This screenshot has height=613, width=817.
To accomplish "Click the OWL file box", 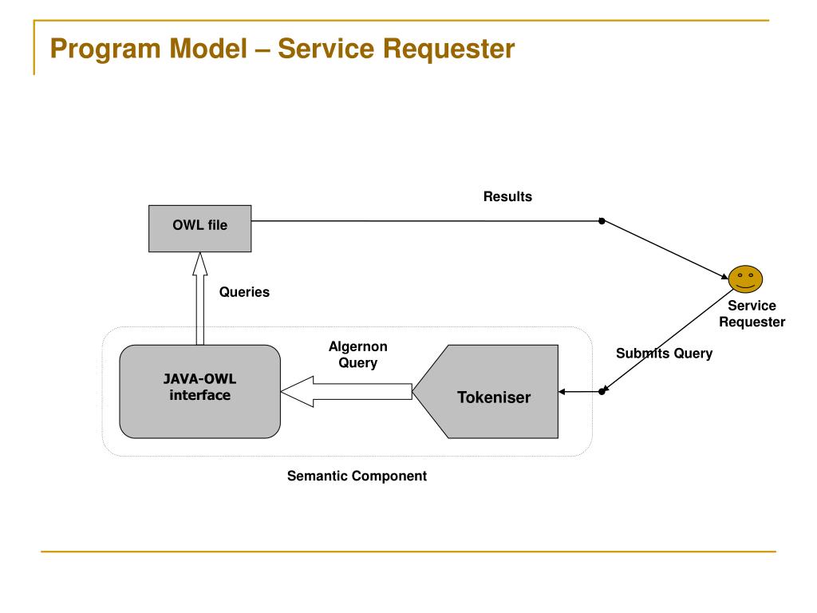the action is point(200,228).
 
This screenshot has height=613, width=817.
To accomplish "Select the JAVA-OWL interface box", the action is point(200,391).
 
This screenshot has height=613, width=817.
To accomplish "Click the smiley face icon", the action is point(746,279).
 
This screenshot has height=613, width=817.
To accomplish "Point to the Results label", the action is point(507,196).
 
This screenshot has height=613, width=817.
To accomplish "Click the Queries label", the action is point(244,292).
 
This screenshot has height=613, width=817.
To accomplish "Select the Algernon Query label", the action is point(358,354).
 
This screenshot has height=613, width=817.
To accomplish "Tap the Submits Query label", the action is point(664,354).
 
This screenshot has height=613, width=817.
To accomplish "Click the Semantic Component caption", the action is point(357,476).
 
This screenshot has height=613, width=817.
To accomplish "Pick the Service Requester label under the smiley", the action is point(752,314).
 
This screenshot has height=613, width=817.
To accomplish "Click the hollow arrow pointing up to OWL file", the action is point(200,299).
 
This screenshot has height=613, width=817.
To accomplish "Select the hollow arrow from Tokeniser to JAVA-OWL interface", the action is point(346,391).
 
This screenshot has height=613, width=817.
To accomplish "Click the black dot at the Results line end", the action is point(602,221).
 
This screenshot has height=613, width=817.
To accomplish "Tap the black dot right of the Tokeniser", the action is point(602,391).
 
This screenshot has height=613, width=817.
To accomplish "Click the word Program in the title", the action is point(106,49).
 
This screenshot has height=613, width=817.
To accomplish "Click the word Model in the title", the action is point(208,49).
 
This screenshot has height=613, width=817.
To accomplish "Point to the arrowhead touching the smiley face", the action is point(724,275).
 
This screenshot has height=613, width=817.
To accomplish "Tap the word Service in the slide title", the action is point(326,49).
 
